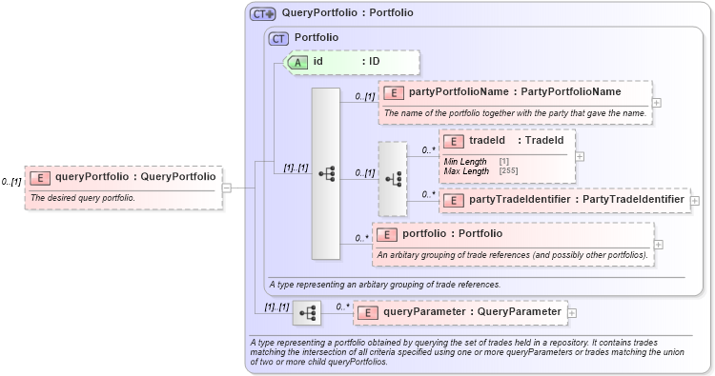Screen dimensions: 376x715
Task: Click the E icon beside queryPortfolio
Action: pyautogui.click(x=40, y=176)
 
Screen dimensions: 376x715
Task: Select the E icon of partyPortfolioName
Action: pyautogui.click(x=394, y=92)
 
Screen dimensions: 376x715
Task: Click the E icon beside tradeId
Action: pyautogui.click(x=455, y=141)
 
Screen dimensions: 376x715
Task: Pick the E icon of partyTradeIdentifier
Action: pyautogui.click(x=455, y=200)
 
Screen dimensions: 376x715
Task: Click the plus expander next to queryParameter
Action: pyautogui.click(x=572, y=311)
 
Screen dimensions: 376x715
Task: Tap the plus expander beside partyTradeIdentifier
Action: pyautogui.click(x=695, y=201)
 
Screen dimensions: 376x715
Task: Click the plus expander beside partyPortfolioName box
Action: pyautogui.click(x=657, y=102)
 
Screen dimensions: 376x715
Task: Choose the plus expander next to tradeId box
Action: pyautogui.click(x=581, y=156)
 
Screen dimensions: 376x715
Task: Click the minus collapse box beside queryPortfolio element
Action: pyautogui.click(x=227, y=188)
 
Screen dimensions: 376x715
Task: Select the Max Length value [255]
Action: pyautogui.click(x=509, y=170)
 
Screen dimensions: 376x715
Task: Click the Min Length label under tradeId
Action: pyautogui.click(x=463, y=162)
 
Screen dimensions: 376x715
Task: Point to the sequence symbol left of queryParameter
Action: pyautogui.click(x=307, y=312)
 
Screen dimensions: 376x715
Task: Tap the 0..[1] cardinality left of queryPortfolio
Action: pyautogui.click(x=11, y=181)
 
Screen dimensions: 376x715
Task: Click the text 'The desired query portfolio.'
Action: pyautogui.click(x=83, y=198)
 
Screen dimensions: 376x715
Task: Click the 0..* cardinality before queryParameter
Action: pyautogui.click(x=342, y=307)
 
